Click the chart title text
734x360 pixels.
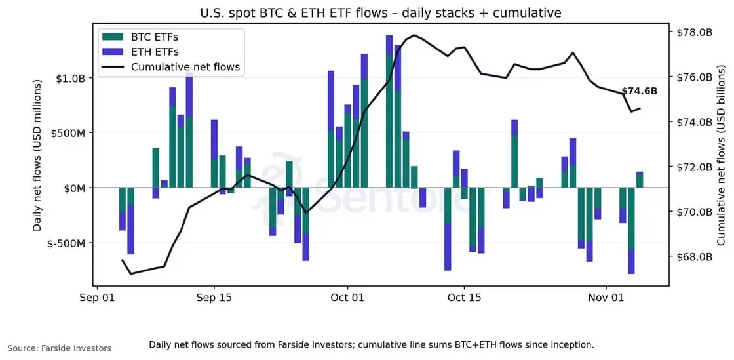380,13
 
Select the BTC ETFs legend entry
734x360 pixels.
154,37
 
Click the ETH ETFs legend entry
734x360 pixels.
155,52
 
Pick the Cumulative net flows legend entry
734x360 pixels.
185,67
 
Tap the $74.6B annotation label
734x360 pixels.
639,91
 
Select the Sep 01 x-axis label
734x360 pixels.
97,298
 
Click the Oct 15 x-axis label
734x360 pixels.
463,298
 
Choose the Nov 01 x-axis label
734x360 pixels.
606,298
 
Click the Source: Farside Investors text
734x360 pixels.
60,348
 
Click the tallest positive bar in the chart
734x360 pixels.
389,111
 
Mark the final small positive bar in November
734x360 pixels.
640,180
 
